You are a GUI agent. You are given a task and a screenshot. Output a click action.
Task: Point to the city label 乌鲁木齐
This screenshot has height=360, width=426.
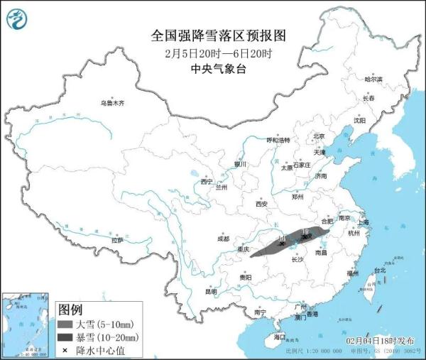pyautogui.click(x=111, y=103)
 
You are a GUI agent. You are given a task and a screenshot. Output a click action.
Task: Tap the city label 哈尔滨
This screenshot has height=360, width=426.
pyautogui.click(x=373, y=79)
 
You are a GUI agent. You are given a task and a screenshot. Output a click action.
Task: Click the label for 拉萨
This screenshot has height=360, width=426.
pyautogui.click(x=116, y=241)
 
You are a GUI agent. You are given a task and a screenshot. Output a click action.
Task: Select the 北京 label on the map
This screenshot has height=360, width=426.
pyautogui.click(x=318, y=136)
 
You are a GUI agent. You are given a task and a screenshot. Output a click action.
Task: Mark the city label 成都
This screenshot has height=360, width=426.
pyautogui.click(x=223, y=238)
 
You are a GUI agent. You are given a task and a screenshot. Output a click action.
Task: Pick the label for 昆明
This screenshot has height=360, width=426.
pyautogui.click(x=211, y=291)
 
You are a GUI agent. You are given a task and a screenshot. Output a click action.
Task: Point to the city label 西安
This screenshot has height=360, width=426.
pyautogui.click(x=261, y=204)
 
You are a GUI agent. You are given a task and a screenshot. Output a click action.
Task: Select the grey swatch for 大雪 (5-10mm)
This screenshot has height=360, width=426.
pyautogui.click(x=65, y=323)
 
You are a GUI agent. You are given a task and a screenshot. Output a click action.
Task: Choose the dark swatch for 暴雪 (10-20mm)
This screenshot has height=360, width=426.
pyautogui.click(x=65, y=337)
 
